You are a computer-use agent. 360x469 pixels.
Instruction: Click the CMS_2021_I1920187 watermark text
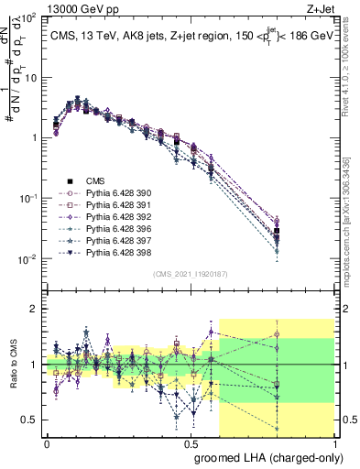(x=191, y=274)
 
